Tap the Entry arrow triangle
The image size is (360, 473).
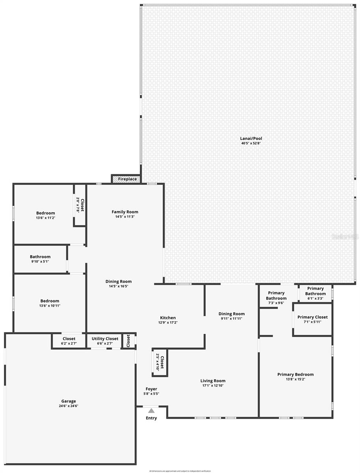point(151,411)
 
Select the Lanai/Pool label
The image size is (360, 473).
point(251,139)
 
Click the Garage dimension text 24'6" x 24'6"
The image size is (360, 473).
point(69,406)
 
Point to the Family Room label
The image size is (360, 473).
point(125,212)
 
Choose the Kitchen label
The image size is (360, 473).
point(168,318)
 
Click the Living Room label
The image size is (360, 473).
point(213,381)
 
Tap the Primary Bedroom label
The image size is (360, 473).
point(295,374)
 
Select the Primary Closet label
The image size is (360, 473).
point(312,317)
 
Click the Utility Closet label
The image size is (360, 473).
point(105,339)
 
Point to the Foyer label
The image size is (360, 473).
point(151,389)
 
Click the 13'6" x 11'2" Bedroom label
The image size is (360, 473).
point(46,213)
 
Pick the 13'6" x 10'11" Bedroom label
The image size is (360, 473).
point(50,301)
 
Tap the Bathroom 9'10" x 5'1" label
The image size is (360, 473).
point(40,257)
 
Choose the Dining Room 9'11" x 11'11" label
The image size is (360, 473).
point(232,314)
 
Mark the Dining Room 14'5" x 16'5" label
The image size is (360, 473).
point(119,281)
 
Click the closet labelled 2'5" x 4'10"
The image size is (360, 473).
point(160,362)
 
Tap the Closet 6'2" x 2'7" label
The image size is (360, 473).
point(69,339)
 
